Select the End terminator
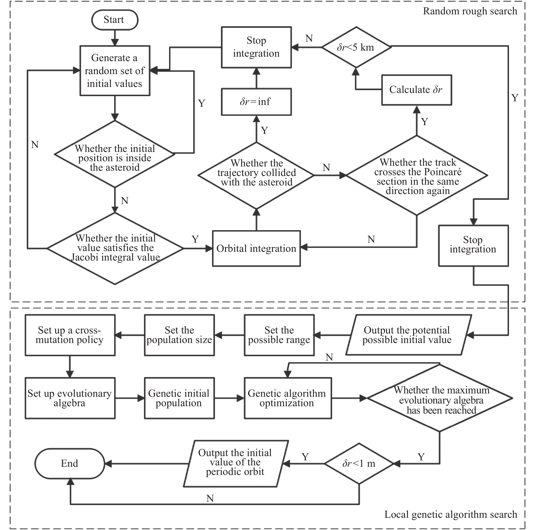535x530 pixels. point(70,463)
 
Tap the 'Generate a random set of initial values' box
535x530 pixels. point(115,71)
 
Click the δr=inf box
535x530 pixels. point(256,102)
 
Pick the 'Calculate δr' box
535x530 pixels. point(416,90)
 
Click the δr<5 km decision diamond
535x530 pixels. point(356,47)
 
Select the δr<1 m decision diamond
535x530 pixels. point(359,463)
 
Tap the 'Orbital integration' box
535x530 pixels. point(256,248)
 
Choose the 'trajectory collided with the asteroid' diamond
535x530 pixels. point(256,175)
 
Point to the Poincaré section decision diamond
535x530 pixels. point(417,175)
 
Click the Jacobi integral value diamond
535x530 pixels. point(115,248)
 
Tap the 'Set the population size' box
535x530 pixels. point(179,335)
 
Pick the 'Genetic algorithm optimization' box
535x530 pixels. point(288,398)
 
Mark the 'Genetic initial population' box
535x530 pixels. point(179,398)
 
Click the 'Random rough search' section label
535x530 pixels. point(470,11)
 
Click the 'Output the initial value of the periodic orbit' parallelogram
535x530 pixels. point(235,463)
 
